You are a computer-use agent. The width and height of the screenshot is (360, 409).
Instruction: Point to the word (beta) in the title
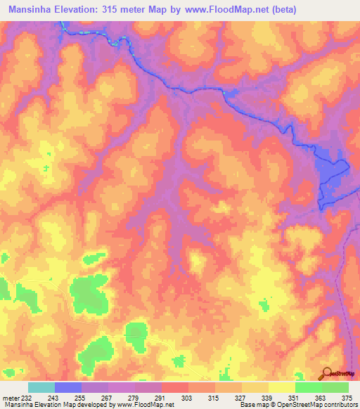pos(296,10)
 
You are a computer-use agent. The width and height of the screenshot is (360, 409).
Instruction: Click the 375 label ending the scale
pos(347,398)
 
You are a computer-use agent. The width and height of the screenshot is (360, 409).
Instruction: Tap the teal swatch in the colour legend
pos(41,387)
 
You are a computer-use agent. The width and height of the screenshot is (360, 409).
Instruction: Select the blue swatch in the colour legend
pos(68,387)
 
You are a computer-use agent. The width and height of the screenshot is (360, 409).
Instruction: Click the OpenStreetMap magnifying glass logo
pos(328,374)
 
